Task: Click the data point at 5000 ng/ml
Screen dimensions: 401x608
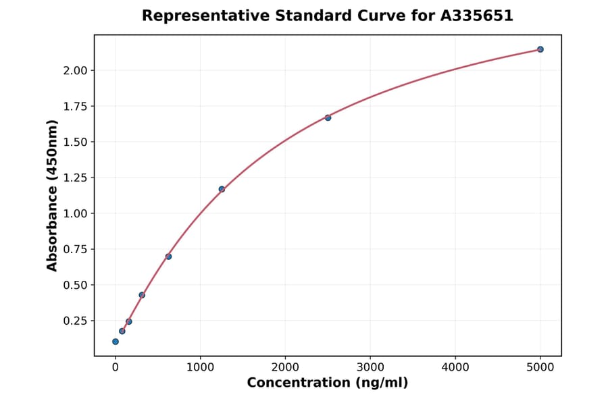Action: pos(540,49)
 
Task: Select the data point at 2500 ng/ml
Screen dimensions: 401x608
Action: pos(328,117)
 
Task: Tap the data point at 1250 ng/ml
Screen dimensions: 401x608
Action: pos(222,189)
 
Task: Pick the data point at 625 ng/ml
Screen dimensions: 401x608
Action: pos(168,257)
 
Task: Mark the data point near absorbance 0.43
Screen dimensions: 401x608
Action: pos(142,295)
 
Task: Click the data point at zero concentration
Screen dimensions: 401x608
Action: pos(116,342)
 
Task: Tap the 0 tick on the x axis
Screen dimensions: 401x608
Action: pos(116,367)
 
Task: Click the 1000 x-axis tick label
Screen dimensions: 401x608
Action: pos(200,367)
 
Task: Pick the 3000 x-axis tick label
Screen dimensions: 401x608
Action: pos(370,367)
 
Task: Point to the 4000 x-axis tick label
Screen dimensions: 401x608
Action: pos(455,367)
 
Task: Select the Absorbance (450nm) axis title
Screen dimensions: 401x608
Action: pos(52,195)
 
